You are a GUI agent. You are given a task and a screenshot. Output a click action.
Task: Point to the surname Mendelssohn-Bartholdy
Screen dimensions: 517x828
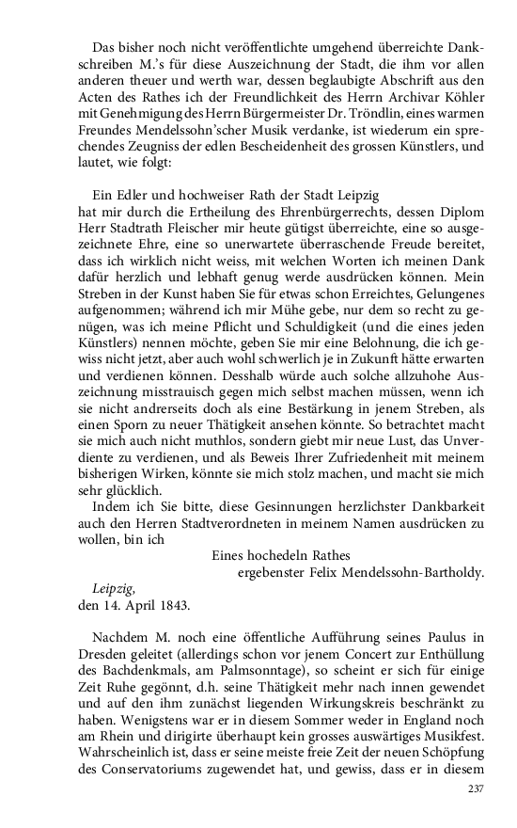coord(415,569)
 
